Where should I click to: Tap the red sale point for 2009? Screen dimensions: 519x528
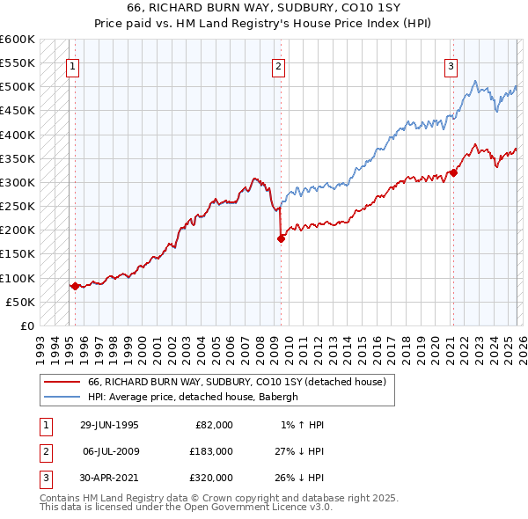(x=281, y=238)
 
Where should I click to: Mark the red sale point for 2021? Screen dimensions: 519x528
(x=453, y=172)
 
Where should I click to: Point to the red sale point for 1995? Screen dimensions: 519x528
(x=75, y=286)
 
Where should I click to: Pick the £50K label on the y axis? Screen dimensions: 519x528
(x=21, y=302)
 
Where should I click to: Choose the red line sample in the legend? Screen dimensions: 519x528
(x=62, y=382)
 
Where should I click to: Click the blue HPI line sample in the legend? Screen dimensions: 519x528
(x=62, y=397)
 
